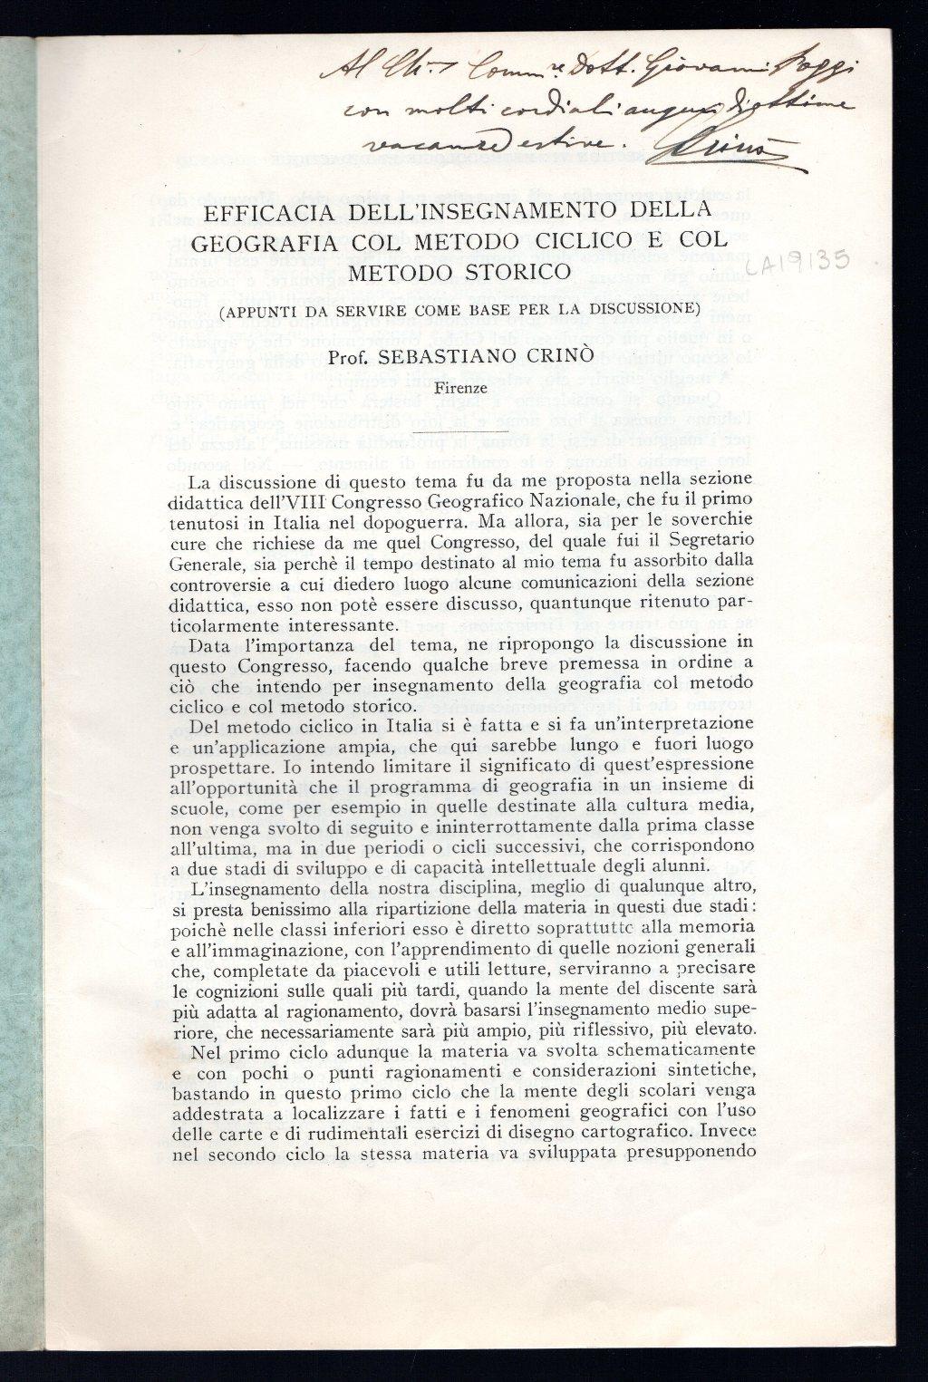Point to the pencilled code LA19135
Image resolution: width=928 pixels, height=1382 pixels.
pyautogui.click(x=801, y=265)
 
